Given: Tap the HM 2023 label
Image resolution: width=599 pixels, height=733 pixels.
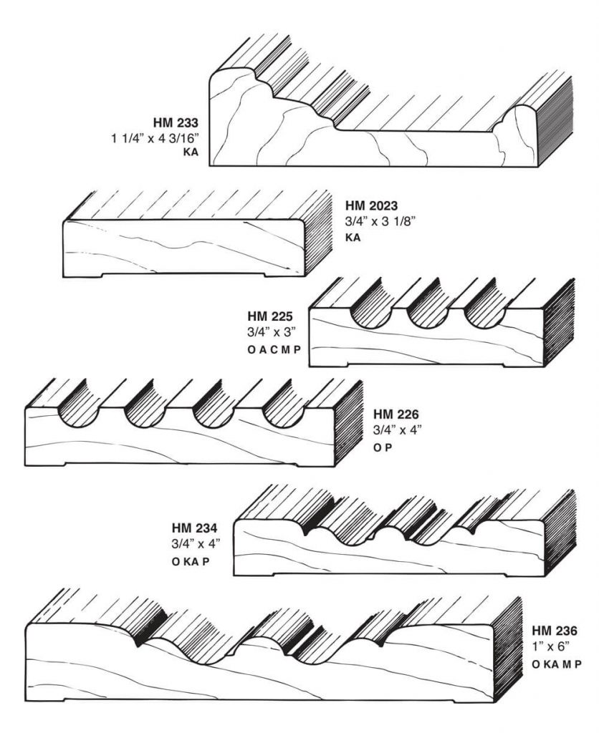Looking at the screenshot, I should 372,205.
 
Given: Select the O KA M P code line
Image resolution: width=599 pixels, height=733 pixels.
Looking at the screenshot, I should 556,664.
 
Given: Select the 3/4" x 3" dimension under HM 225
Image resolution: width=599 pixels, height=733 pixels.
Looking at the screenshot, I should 268,332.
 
